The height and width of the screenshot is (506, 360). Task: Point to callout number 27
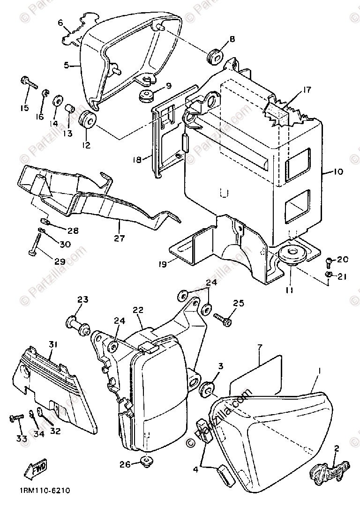click(x=119, y=238)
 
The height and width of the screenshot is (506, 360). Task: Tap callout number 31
click(x=52, y=345)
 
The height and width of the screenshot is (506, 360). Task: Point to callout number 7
click(x=258, y=347)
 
